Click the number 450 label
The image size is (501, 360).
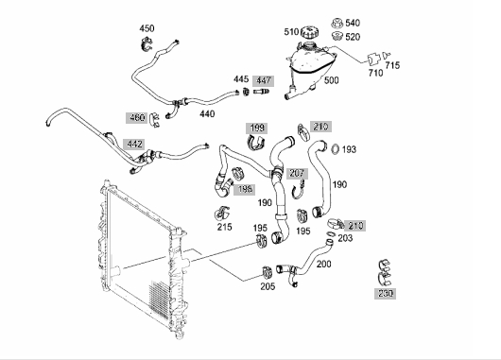click(x=147, y=28)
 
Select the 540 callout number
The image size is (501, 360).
click(x=353, y=23)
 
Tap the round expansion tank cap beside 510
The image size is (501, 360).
click(x=310, y=32)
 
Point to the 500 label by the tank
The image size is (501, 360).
click(x=332, y=80)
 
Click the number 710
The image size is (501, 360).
click(x=375, y=73)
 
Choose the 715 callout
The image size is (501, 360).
click(x=392, y=65)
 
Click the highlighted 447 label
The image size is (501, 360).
click(x=264, y=80)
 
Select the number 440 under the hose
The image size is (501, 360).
click(x=207, y=113)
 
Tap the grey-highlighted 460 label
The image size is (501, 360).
click(x=137, y=118)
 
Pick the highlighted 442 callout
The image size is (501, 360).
click(x=134, y=144)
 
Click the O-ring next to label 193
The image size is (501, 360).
click(x=336, y=149)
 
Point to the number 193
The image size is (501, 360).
click(x=349, y=149)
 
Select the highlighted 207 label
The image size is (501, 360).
click(x=297, y=174)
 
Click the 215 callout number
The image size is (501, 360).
click(x=225, y=227)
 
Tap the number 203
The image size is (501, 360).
click(x=345, y=238)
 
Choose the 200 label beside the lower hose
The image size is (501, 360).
click(x=324, y=265)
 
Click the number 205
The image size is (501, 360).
click(x=268, y=286)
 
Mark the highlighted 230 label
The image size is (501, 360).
click(x=386, y=294)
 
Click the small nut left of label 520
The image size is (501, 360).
click(x=337, y=36)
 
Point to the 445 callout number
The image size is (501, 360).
click(x=241, y=79)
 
